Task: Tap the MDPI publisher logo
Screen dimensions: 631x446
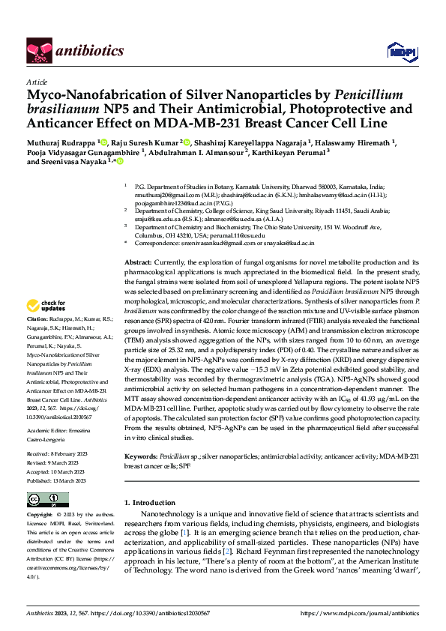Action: (399, 51)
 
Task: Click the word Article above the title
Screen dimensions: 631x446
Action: (36, 82)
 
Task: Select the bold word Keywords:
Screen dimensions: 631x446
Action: (141, 456)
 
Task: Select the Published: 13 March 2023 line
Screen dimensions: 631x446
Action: (57, 481)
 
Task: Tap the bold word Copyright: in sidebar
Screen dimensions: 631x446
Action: (39, 516)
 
